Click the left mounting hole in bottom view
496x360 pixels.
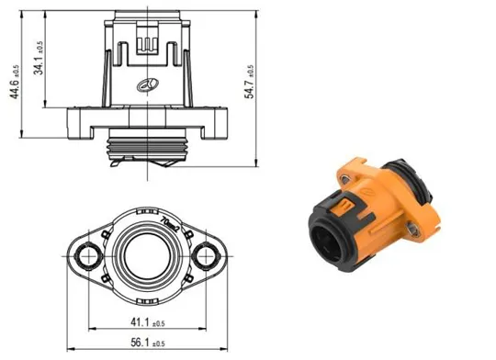pyautogui.click(x=86, y=254)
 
